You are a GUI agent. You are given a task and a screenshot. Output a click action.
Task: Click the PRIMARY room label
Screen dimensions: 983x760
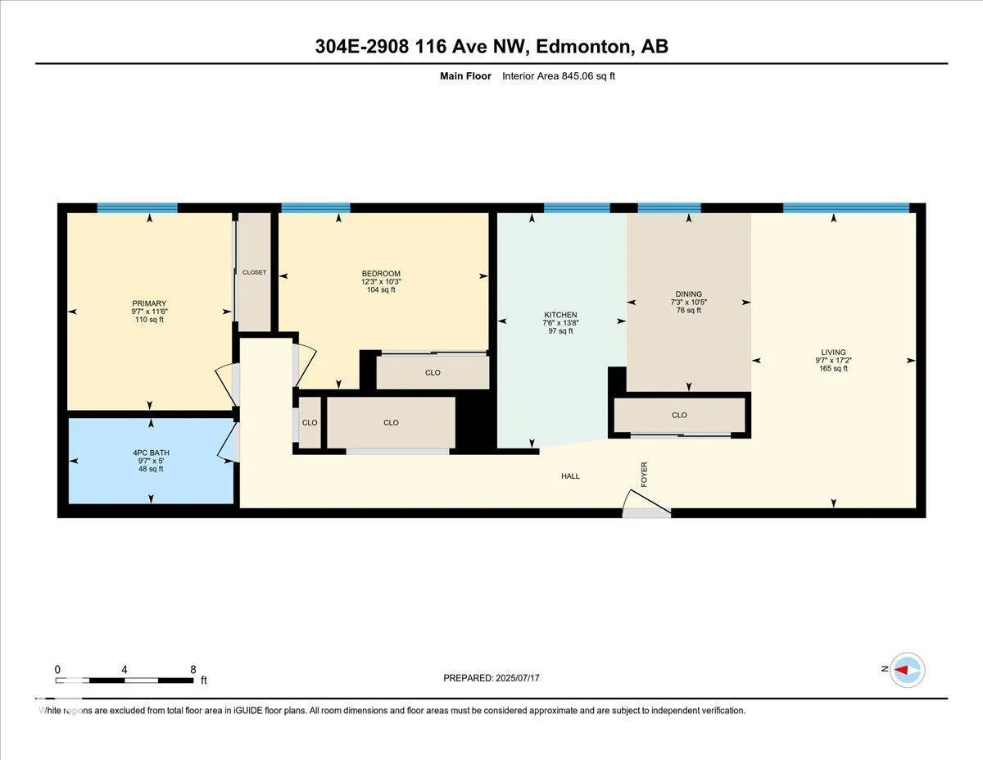pyautogui.click(x=149, y=303)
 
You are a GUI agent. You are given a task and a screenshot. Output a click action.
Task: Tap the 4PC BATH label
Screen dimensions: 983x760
pyautogui.click(x=151, y=453)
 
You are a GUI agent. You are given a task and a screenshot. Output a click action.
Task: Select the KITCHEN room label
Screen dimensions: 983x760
pyautogui.click(x=560, y=315)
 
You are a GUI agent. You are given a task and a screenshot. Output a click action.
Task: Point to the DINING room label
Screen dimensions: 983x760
pyautogui.click(x=689, y=294)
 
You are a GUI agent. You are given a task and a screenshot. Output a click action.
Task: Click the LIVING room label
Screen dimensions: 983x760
pyautogui.click(x=834, y=353)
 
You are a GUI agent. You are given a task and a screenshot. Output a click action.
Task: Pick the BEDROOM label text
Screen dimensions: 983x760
pyautogui.click(x=381, y=273)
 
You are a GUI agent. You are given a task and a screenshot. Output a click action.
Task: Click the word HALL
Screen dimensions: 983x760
pyautogui.click(x=570, y=476)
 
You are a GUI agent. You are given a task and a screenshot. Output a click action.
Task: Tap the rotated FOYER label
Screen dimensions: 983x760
pyautogui.click(x=644, y=475)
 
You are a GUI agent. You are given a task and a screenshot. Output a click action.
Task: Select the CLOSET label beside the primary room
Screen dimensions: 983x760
pyautogui.click(x=254, y=272)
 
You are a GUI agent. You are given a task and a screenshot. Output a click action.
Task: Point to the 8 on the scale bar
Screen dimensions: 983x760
pyautogui.click(x=193, y=670)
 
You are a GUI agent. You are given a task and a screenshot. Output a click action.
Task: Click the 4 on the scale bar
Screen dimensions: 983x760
pyautogui.click(x=124, y=670)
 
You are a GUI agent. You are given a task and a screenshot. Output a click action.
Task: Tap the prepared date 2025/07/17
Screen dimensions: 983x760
pyautogui.click(x=518, y=678)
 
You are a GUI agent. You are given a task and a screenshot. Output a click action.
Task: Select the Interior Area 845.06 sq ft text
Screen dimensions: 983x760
pyautogui.click(x=559, y=76)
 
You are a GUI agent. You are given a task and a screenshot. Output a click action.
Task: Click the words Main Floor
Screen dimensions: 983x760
pyautogui.click(x=465, y=76)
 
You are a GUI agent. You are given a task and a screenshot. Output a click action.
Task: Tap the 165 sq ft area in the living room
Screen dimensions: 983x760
pyautogui.click(x=834, y=368)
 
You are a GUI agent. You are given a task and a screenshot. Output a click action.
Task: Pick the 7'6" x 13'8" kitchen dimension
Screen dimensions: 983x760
pyautogui.click(x=560, y=323)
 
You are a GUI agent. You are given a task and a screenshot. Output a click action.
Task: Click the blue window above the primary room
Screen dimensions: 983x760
pyautogui.click(x=138, y=208)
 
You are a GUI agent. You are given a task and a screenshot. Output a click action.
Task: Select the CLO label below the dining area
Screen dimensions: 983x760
pyautogui.click(x=679, y=415)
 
